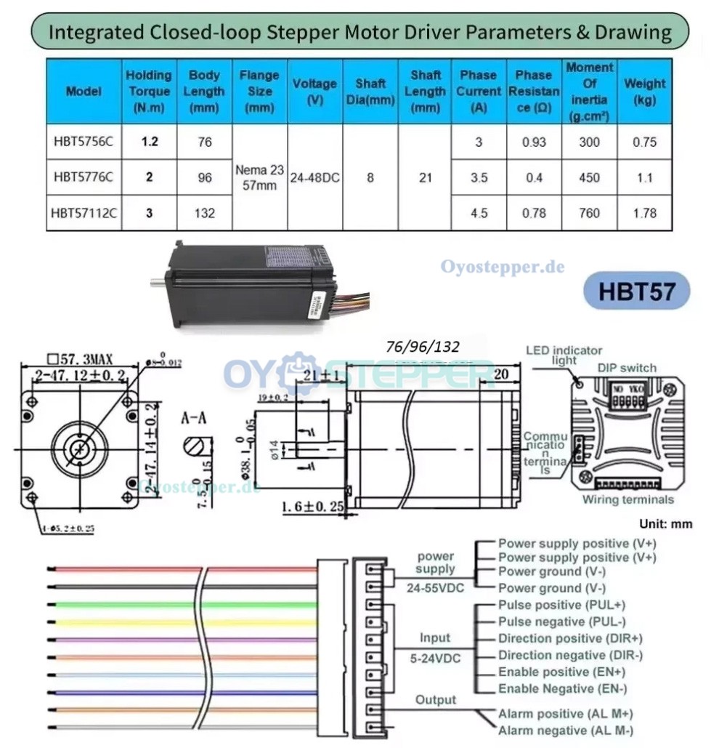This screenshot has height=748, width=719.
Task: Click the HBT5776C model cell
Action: tap(83, 177)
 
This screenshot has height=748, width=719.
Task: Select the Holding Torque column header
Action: tap(149, 91)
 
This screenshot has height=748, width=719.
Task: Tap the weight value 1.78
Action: tap(644, 213)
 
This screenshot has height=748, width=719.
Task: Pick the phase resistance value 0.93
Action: tap(534, 142)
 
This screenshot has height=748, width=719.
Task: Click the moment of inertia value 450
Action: tap(589, 177)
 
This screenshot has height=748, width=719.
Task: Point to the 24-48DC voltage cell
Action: tap(315, 177)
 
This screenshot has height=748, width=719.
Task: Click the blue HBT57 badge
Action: tap(636, 291)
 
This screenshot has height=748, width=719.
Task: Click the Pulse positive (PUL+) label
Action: tap(561, 605)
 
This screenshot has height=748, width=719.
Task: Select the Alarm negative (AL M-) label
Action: tap(565, 731)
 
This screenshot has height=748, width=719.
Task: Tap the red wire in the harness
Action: tap(123, 569)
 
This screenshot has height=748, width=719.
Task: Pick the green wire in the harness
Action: tap(123, 604)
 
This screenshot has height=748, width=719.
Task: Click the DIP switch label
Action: tap(627, 368)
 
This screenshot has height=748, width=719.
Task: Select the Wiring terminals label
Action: tap(627, 499)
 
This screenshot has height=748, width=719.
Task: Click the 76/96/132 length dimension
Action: tap(423, 347)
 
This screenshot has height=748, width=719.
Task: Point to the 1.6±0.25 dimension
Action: tap(312, 507)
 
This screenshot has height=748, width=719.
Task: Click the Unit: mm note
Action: tap(665, 523)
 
